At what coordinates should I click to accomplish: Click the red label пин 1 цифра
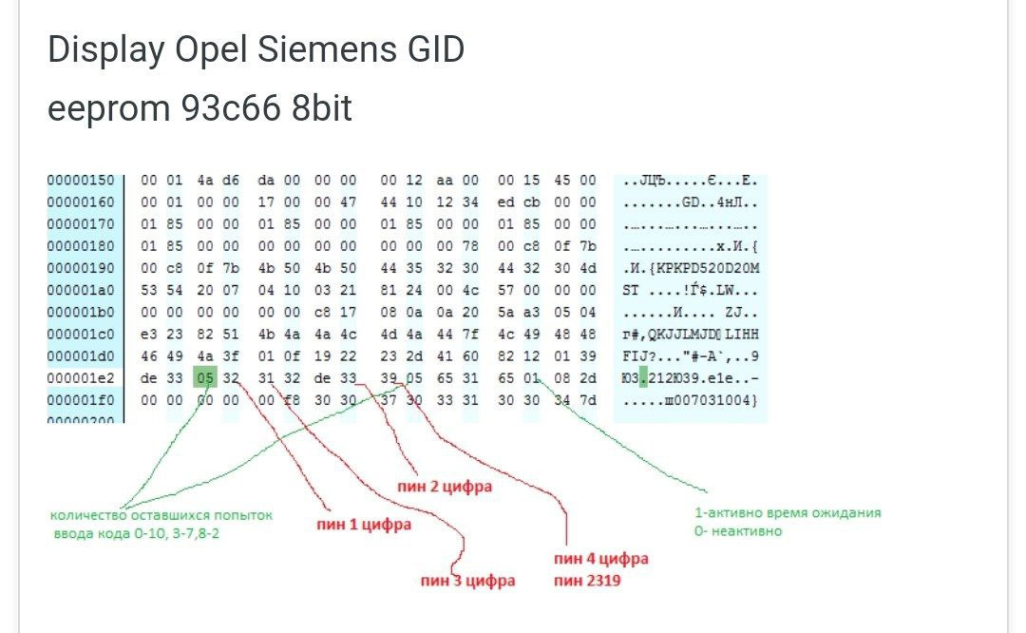(x=364, y=523)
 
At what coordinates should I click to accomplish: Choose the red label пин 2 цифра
(x=444, y=487)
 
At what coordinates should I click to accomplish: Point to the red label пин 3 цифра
(x=468, y=580)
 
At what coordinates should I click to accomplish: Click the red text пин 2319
(x=587, y=579)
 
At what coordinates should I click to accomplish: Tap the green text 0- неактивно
(x=738, y=530)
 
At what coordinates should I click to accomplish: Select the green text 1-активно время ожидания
(x=788, y=512)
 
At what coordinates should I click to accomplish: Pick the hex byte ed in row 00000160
(x=506, y=202)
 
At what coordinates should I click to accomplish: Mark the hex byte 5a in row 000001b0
(x=506, y=313)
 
